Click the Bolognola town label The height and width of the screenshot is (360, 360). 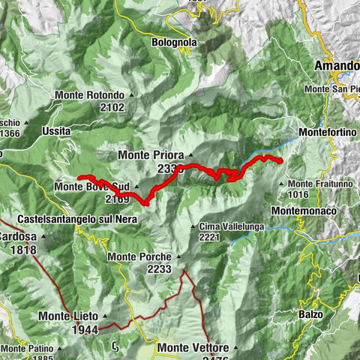point(174,43)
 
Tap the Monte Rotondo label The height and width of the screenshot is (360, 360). point(88,95)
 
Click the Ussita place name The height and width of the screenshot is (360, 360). point(56,131)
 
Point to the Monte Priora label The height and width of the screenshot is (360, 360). point(151,155)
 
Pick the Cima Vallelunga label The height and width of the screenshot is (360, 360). point(231,226)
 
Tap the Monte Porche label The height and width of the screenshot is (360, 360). point(139,256)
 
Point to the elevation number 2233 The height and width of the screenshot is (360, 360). point(160,269)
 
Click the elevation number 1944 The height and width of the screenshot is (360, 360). point(87,328)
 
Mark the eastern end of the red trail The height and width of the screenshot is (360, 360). point(280,161)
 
